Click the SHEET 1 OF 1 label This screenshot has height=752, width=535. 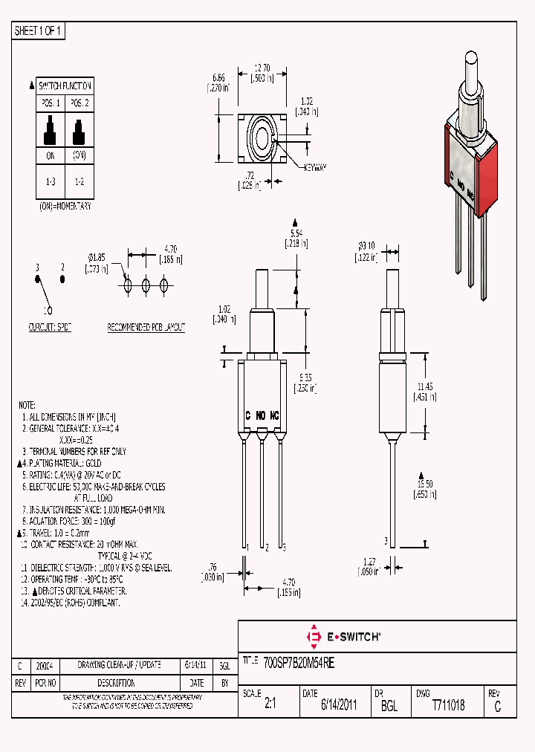point(39,31)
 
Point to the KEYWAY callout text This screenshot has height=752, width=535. point(316,168)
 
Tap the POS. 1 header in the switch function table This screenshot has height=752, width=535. point(51,103)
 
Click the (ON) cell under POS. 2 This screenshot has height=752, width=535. point(78,155)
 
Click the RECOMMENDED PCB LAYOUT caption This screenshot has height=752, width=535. point(146,327)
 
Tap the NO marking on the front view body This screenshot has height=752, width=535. point(261,415)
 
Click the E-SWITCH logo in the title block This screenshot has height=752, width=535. point(344,637)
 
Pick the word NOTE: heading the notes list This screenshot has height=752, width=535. point(27,405)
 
